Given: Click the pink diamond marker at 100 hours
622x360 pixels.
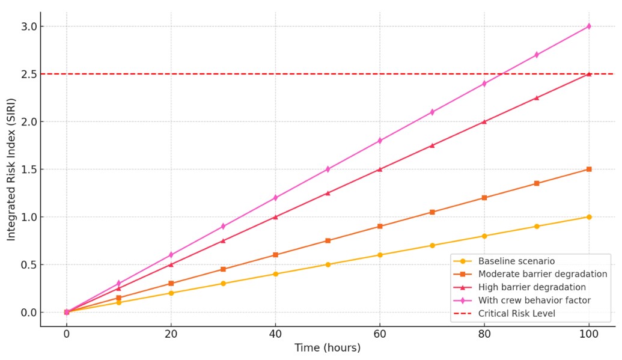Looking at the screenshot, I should (589, 26).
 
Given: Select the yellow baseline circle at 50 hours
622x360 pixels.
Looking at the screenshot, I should (328, 264).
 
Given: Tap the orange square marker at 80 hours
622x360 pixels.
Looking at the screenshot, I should (484, 198).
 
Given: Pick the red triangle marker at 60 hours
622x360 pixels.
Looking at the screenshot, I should (380, 169).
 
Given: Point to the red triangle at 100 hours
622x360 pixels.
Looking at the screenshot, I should (589, 74).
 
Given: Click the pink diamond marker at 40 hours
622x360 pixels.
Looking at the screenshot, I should (275, 198).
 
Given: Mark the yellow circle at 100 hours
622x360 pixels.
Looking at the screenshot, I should (589, 217).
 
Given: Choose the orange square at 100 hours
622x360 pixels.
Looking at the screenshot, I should (589, 169).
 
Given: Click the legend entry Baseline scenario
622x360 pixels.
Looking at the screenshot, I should (516, 261).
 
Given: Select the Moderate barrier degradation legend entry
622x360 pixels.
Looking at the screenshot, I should (542, 274).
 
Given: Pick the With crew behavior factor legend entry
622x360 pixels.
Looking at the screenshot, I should (534, 301).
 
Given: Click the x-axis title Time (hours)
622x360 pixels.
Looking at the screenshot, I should (328, 348).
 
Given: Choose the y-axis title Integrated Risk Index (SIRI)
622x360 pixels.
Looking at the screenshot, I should (11, 169).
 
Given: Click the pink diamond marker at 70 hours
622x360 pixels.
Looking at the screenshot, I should (432, 112).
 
